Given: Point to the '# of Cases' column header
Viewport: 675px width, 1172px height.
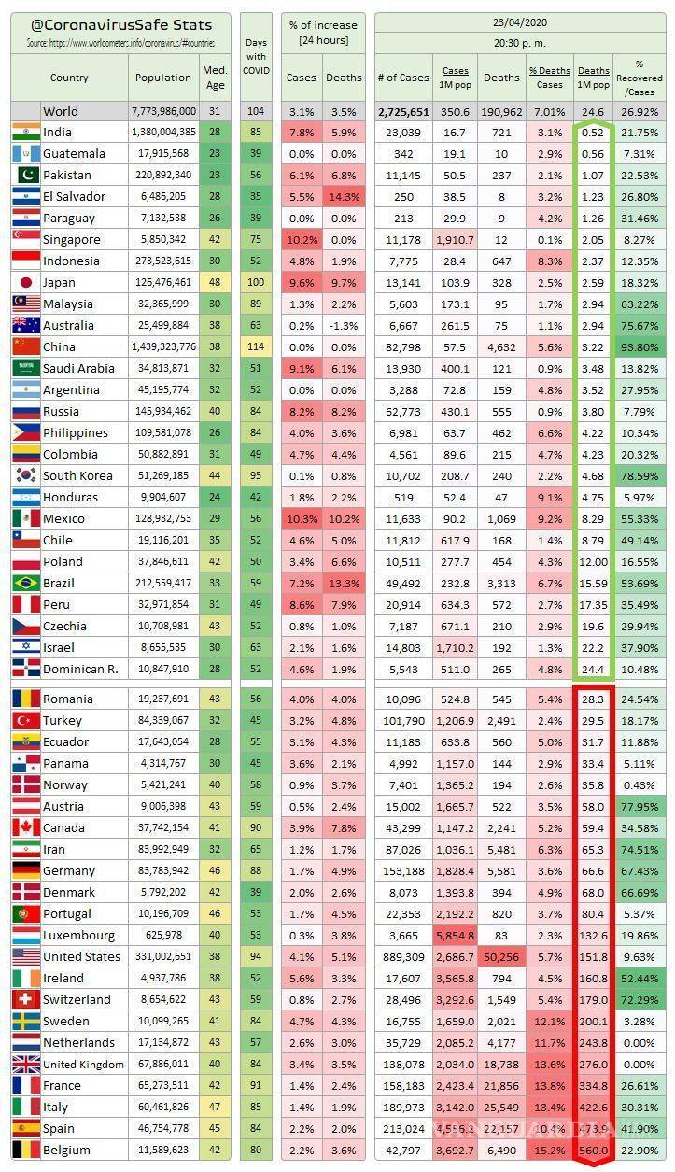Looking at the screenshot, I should [x=403, y=78].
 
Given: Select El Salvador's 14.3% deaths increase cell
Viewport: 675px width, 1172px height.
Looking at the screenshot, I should [x=344, y=196].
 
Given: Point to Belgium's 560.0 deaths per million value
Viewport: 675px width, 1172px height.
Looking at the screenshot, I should [x=593, y=1150].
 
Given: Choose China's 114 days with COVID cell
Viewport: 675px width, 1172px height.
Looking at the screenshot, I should [x=255, y=346].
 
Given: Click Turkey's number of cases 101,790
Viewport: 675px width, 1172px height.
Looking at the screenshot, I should [x=403, y=720].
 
